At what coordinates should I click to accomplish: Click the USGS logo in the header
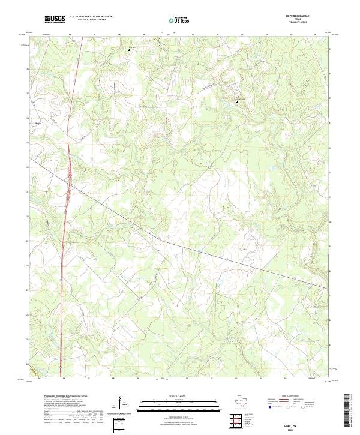[x=55, y=19]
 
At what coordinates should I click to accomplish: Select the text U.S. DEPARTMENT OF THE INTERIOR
[x=91, y=17]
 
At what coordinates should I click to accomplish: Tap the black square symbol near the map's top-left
[x=128, y=50]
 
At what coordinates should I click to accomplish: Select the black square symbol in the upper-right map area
[x=236, y=101]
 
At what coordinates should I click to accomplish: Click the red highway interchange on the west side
[x=70, y=178]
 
